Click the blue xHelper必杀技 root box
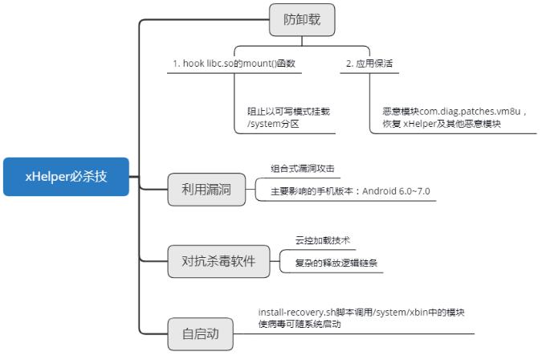66,177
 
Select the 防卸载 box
302,20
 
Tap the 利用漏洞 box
206,190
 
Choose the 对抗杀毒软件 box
219,261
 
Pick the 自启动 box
201,333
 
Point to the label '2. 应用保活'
370,63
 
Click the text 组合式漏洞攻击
302,169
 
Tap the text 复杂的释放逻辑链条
331,263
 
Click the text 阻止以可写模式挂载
288,112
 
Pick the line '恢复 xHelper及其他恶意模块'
442,125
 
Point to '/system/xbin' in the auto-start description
405,312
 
